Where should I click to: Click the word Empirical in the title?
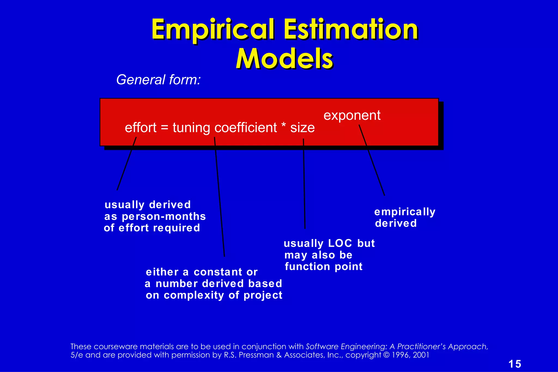pyautogui.click(x=213, y=29)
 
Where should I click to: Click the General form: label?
pyautogui.click(x=158, y=80)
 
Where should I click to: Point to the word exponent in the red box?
pyautogui.click(x=352, y=115)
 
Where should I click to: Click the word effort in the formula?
pyautogui.click(x=141, y=128)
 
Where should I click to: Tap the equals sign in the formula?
pyautogui.click(x=165, y=128)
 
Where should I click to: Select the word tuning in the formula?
pyautogui.click(x=191, y=128)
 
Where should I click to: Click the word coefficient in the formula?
pyautogui.click(x=245, y=128)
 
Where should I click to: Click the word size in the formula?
pyautogui.click(x=302, y=128)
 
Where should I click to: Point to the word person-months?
pyautogui.click(x=164, y=216)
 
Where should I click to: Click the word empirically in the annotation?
pyautogui.click(x=405, y=212)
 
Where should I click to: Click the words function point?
pyautogui.click(x=323, y=267)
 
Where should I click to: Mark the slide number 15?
pyautogui.click(x=515, y=364)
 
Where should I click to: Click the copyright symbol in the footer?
pyautogui.click(x=386, y=355)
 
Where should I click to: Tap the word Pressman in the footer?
pyautogui.click(x=256, y=355)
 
